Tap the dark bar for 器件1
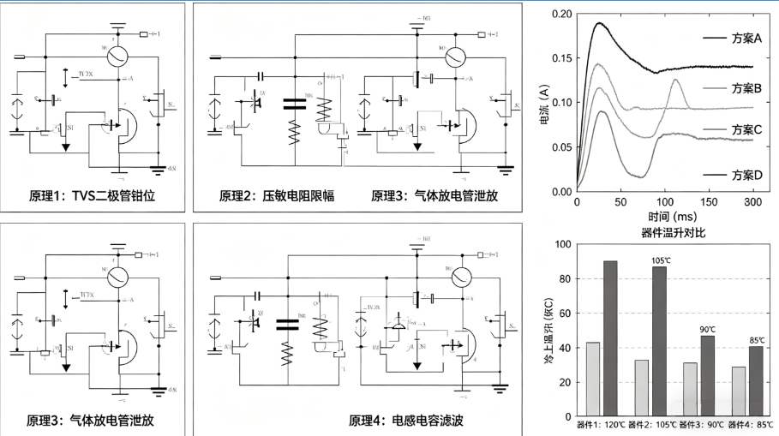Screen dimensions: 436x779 click(610, 338)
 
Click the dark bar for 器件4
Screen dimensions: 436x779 click(756, 381)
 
